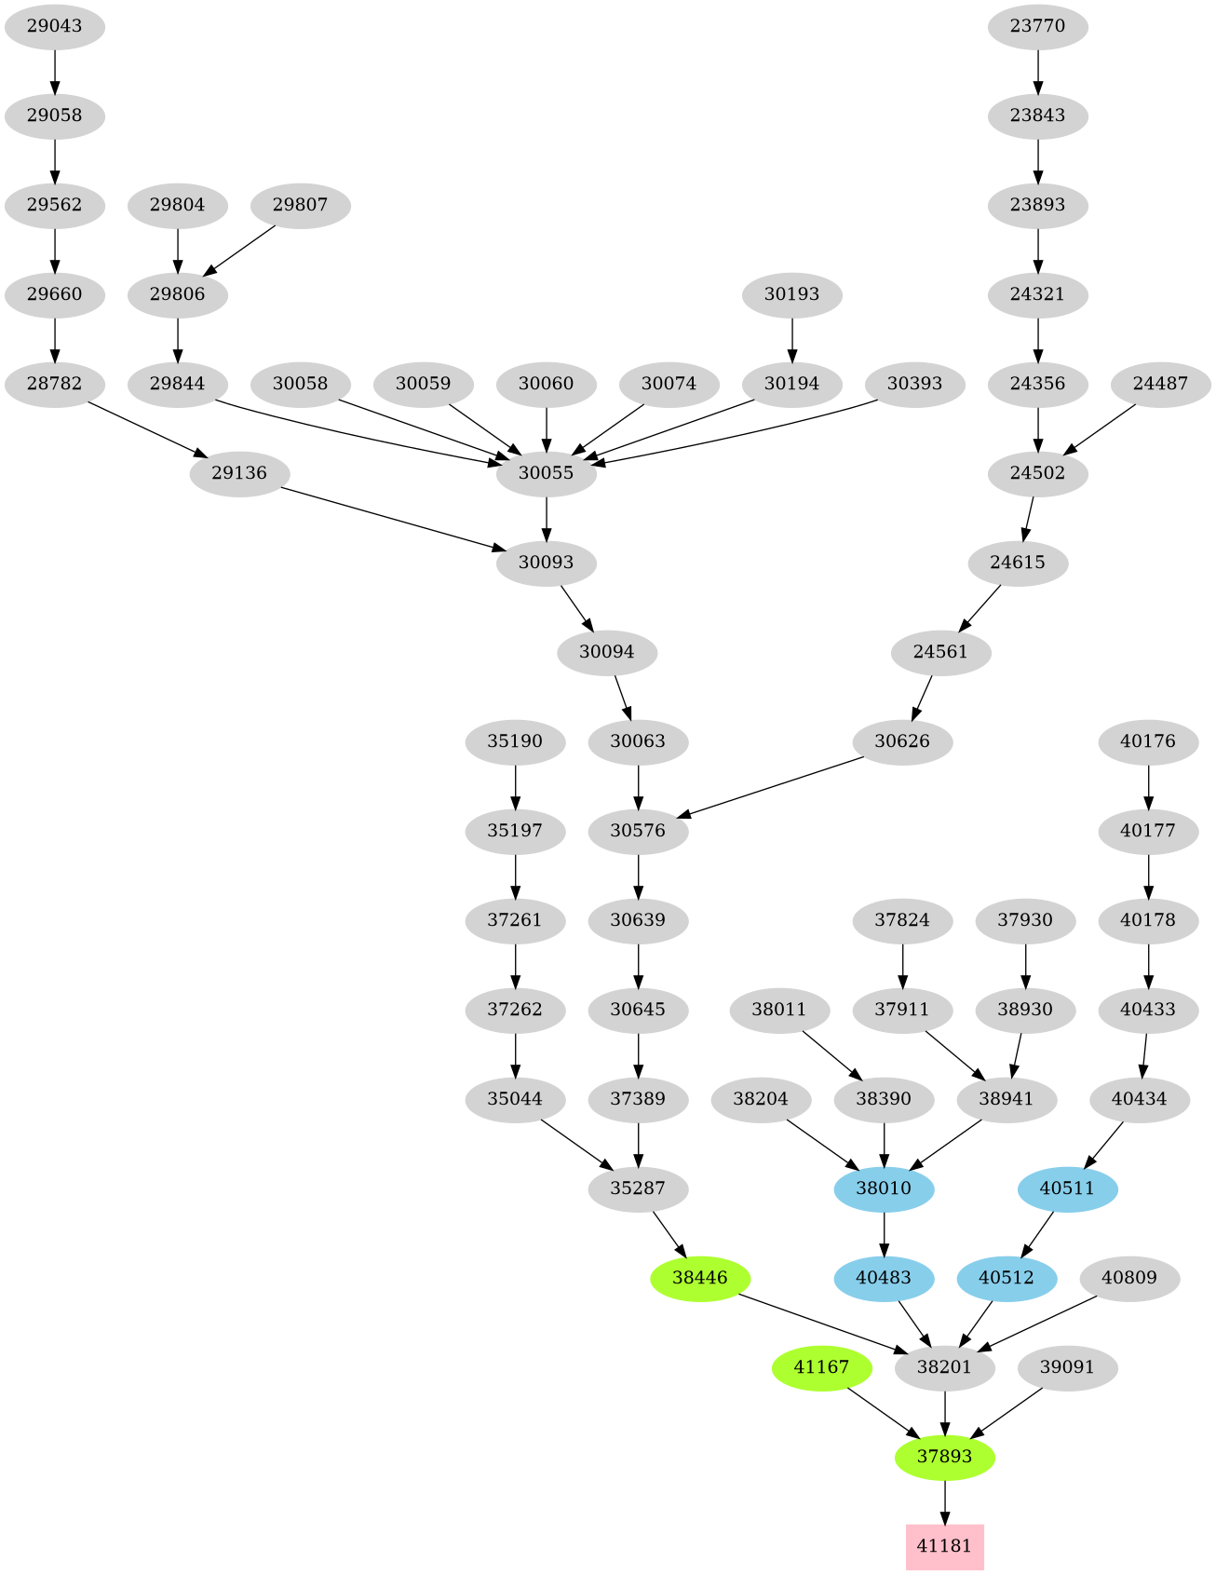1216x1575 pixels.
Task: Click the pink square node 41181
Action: pyautogui.click(x=944, y=1546)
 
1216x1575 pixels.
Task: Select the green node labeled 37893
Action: pyautogui.click(x=944, y=1457)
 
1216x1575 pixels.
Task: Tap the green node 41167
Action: pyautogui.click(x=821, y=1367)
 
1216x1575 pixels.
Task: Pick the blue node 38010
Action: pyautogui.click(x=884, y=1188)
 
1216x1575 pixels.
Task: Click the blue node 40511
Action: pyautogui.click(x=1067, y=1188)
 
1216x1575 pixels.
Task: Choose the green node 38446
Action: pyautogui.click(x=699, y=1278)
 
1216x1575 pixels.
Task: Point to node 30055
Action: pyautogui.click(x=546, y=473)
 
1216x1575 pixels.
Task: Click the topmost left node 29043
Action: pyautogui.click(x=54, y=26)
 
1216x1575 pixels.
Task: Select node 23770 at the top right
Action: pyautogui.click(x=1037, y=26)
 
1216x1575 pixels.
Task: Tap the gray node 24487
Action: pyautogui.click(x=1160, y=384)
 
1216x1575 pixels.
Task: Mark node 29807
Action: pyautogui.click(x=300, y=205)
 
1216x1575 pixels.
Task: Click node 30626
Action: pyautogui.click(x=902, y=741)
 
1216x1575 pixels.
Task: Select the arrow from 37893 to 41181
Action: pyautogui.click(x=944, y=1501)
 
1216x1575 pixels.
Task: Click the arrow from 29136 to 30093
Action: pyautogui.click(x=391, y=518)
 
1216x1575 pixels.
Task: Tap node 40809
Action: pyautogui.click(x=1128, y=1278)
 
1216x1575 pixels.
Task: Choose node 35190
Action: pyautogui.click(x=515, y=741)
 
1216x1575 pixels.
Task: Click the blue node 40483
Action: pyautogui.click(x=884, y=1278)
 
